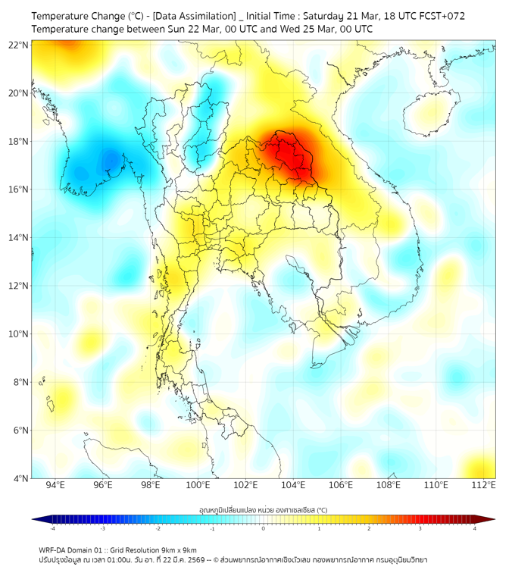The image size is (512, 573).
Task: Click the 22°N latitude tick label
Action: (19, 45)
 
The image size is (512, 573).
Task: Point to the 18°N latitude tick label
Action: (19, 141)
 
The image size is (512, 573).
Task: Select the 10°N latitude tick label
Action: (19, 334)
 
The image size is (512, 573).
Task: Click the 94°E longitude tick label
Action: (55, 486)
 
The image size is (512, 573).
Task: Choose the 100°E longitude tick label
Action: (198, 486)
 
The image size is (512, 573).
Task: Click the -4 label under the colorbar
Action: (52, 528)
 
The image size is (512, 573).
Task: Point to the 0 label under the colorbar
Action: (264, 528)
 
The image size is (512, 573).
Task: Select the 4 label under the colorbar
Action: (474, 528)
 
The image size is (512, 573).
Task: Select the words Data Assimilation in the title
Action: (195, 16)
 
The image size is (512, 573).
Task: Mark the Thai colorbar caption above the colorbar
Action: (263, 509)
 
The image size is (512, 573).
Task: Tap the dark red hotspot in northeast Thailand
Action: (293, 155)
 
